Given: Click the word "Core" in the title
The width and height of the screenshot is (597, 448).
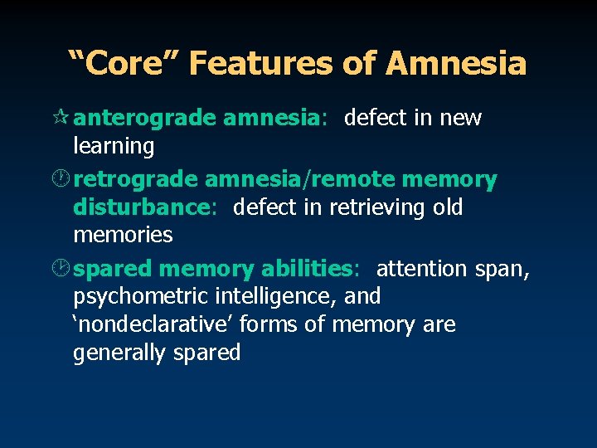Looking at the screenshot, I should pos(116,63).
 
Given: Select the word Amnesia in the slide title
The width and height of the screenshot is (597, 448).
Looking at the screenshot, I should pos(455,63).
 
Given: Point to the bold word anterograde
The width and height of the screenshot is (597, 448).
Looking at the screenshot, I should pos(145,119).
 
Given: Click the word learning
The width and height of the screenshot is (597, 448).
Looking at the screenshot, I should pos(114,147).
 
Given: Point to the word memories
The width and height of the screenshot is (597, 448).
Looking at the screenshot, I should pos(123,236).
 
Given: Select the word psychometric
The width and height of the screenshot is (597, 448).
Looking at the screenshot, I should pos(141,296).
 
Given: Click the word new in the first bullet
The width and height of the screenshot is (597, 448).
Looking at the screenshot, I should pos(460,119).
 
